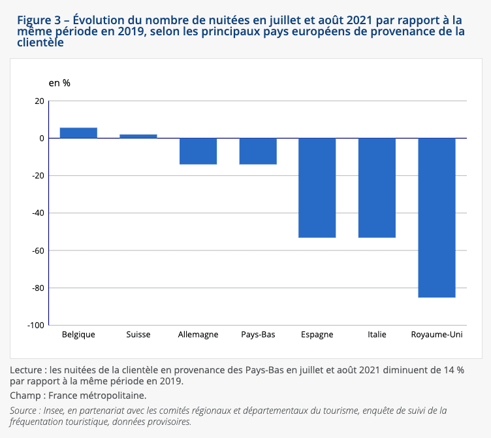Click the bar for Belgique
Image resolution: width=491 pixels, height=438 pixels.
pyautogui.click(x=78, y=133)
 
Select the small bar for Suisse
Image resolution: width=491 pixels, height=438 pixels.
pyautogui.click(x=138, y=136)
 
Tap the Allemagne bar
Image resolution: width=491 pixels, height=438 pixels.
pyautogui.click(x=198, y=151)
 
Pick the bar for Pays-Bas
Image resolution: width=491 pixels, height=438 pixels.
pyautogui.click(x=258, y=151)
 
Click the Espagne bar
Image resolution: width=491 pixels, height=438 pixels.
pyautogui.click(x=317, y=188)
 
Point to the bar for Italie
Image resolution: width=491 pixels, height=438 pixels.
pyautogui.click(x=377, y=188)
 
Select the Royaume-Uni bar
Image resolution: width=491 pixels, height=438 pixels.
pyautogui.click(x=437, y=218)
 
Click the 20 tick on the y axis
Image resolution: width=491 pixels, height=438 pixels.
pyautogui.click(x=40, y=101)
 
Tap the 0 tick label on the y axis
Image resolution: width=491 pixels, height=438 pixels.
pyautogui.click(x=42, y=138)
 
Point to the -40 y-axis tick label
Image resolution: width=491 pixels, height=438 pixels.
pyautogui.click(x=38, y=213)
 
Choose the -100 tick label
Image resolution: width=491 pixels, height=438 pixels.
pyautogui.click(x=36, y=325)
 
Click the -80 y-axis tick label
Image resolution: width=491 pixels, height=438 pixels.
pyautogui.click(x=38, y=288)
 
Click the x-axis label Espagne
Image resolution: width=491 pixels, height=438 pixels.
pyautogui.click(x=317, y=335)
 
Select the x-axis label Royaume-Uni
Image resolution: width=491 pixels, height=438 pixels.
pyautogui.click(x=437, y=335)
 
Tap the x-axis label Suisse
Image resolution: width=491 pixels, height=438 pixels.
pyautogui.click(x=138, y=335)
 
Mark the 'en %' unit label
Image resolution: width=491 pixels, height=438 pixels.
pyautogui.click(x=59, y=83)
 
